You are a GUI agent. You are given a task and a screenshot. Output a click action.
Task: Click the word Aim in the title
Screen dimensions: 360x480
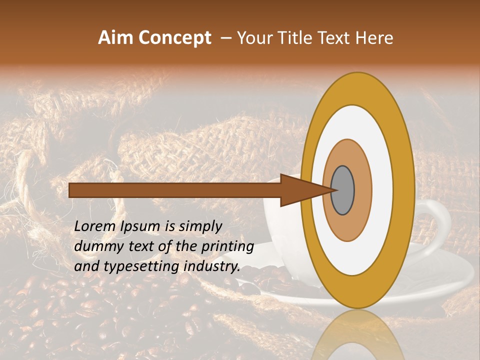116,38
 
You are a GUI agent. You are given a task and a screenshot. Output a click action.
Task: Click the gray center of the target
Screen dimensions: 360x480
343,190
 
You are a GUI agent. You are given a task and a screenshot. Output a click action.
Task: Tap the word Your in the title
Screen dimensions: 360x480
253,38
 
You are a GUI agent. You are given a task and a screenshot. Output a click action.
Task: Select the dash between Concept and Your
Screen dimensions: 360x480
225,38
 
